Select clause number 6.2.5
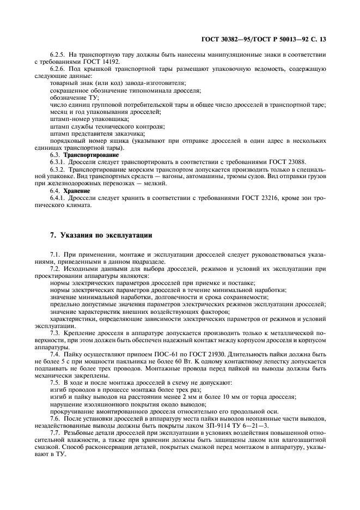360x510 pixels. tap(58, 54)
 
